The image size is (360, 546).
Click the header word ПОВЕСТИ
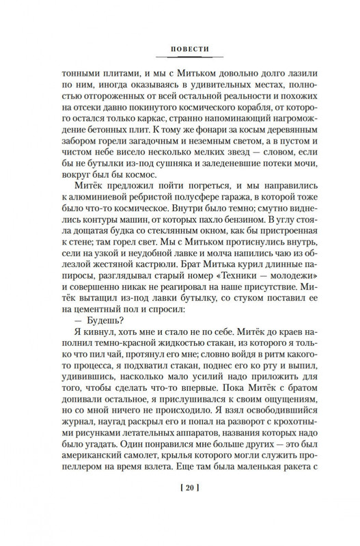click(x=180, y=49)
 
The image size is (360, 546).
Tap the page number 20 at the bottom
click(x=180, y=507)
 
